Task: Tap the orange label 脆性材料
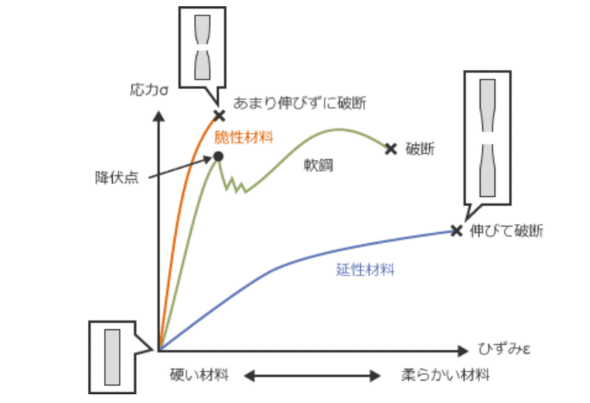point(244,136)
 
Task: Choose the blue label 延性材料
point(365,270)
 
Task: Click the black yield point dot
point(218,156)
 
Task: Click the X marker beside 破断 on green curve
point(391,149)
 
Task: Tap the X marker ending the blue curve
point(457,231)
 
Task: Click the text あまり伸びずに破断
point(299,102)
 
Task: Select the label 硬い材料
point(198,375)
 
